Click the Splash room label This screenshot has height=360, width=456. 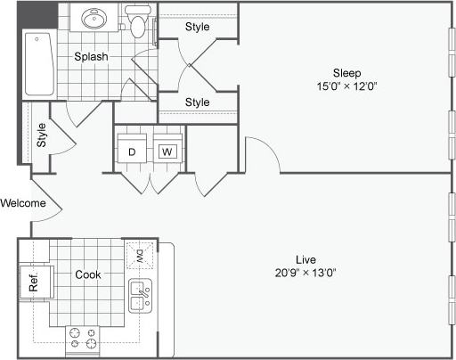coord(91,57)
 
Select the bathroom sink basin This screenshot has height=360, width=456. coord(94,19)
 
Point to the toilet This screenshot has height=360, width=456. coord(137,22)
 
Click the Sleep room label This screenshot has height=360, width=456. coord(346,72)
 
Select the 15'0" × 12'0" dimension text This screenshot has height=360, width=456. coord(346,86)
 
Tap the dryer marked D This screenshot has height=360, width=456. coord(131,151)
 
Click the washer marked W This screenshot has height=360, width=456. coord(167,151)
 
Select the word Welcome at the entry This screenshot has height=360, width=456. coord(23,202)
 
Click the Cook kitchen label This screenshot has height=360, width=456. coord(87,274)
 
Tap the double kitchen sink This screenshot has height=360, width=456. coord(140,295)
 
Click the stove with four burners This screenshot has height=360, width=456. coord(83,338)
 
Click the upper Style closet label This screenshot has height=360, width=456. coord(197,27)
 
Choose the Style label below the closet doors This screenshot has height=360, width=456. coord(197,102)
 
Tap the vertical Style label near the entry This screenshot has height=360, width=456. coord(42,135)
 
